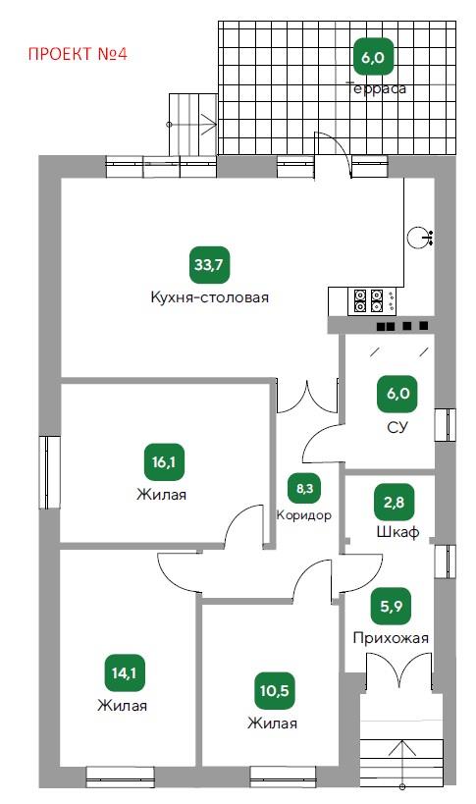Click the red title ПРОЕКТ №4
78,54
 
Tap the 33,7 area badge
210,265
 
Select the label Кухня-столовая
210,297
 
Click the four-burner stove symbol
369,301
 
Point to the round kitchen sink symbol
416,237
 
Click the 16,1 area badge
164,462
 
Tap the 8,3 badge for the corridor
305,488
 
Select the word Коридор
304,515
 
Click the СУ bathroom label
397,427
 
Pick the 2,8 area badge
394,503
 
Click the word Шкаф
398,532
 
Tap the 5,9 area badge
392,607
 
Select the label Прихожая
391,638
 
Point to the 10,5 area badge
274,691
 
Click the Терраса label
378,88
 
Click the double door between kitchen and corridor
307,397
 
